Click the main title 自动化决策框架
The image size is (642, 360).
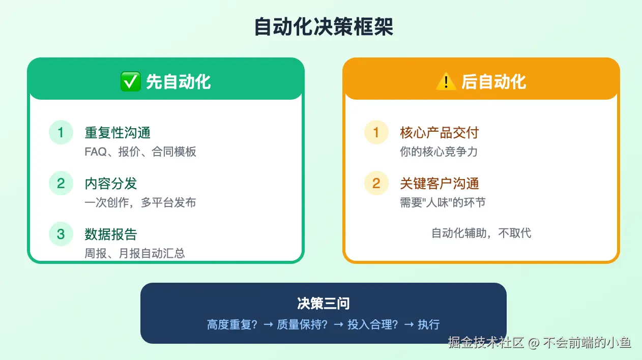click(324, 26)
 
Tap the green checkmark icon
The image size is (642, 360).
click(131, 82)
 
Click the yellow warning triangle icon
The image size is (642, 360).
click(446, 82)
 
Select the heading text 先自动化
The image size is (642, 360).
click(179, 82)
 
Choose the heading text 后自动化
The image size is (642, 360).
click(494, 82)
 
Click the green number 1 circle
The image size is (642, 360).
click(61, 132)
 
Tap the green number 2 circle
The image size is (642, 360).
click(61, 183)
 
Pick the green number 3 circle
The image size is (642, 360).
click(61, 234)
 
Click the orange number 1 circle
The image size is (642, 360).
click(376, 132)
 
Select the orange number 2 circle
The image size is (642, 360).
click(376, 183)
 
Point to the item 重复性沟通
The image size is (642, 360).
click(118, 133)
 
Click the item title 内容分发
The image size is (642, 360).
click(111, 184)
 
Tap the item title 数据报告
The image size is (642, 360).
click(111, 234)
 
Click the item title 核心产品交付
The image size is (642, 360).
click(440, 133)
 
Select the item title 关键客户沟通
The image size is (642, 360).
click(440, 184)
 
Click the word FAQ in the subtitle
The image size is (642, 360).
click(96, 152)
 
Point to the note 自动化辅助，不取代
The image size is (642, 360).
click(481, 233)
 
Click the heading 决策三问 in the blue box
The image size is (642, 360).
click(324, 304)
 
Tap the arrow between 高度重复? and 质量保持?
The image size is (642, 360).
click(268, 324)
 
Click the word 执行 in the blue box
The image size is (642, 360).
click(428, 324)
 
